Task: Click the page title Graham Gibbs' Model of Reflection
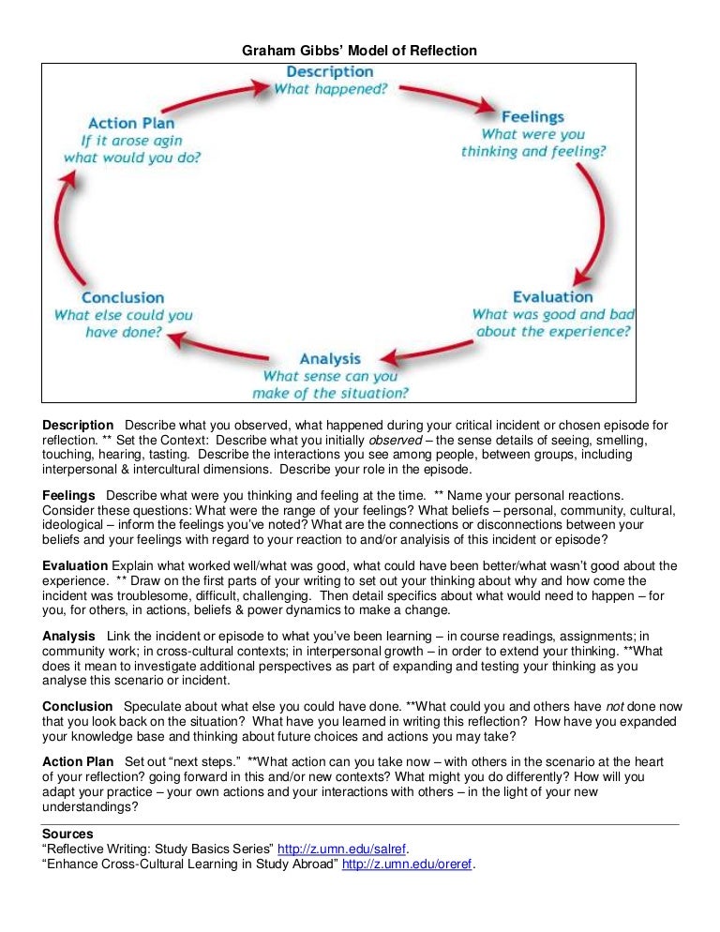pos(360,51)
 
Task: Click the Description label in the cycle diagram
pos(329,72)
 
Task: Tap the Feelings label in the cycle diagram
pos(532,117)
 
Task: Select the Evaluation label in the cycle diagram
pos(552,297)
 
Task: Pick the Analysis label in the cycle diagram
pos(330,359)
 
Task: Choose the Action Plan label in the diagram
pos(131,124)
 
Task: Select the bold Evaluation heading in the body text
pos(75,565)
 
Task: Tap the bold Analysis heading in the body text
pos(68,637)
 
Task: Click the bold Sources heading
pos(67,834)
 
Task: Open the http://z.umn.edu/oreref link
pos(408,864)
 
